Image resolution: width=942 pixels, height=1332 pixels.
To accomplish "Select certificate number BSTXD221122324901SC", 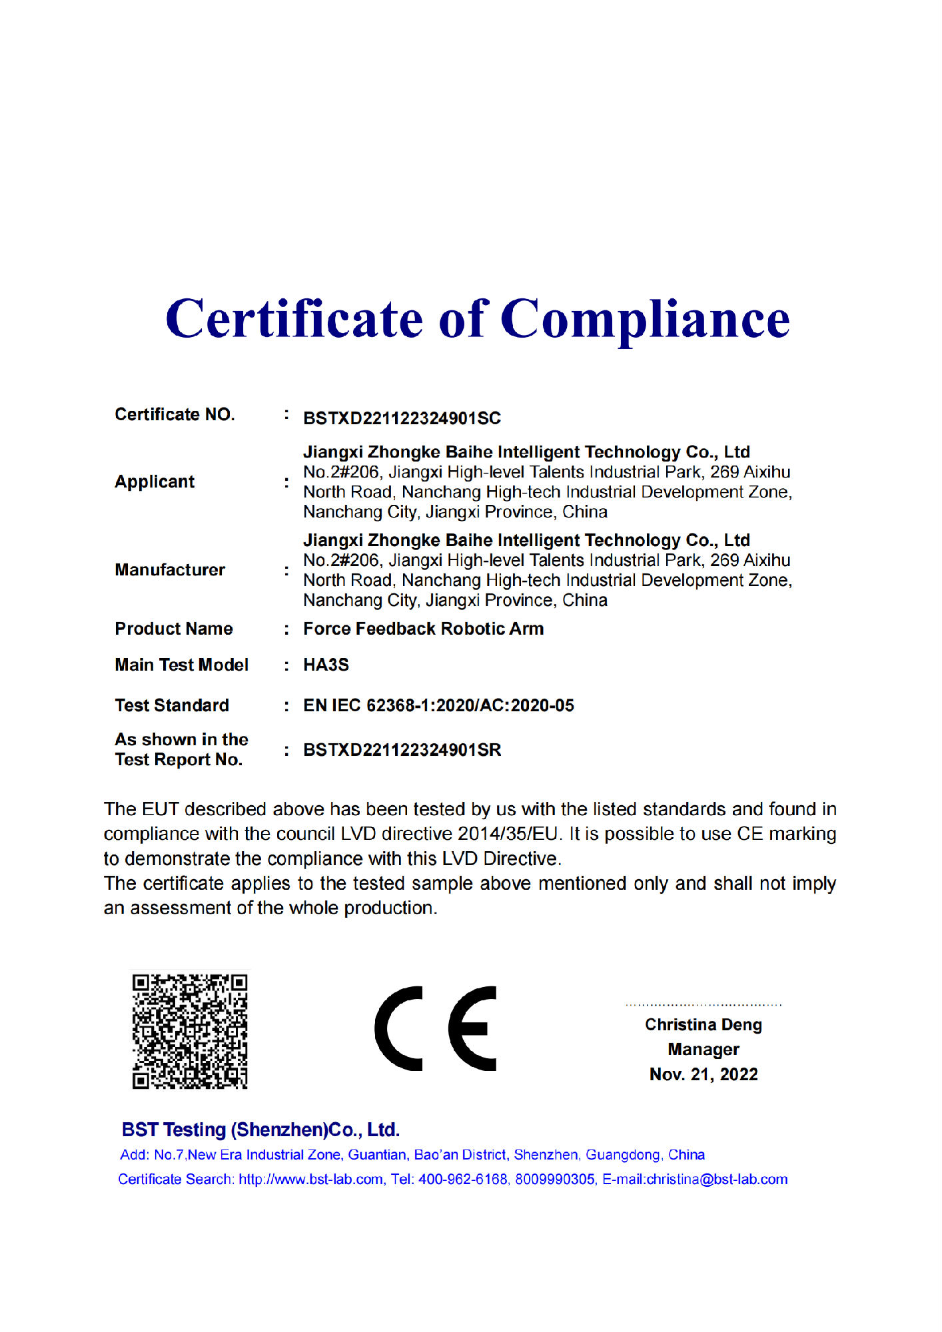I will [x=402, y=418].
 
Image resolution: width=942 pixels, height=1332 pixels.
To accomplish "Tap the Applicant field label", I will [x=155, y=482].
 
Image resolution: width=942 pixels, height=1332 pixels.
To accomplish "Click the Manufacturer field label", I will [x=170, y=570].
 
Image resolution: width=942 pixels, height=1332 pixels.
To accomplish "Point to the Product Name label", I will [x=174, y=629].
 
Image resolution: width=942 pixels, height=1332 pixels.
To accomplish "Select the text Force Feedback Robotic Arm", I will [x=423, y=629].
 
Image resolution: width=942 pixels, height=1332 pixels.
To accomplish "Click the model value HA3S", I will [x=326, y=665].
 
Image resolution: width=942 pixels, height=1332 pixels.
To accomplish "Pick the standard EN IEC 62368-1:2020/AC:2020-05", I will [x=438, y=705].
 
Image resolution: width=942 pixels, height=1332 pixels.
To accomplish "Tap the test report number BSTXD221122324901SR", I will [x=402, y=750].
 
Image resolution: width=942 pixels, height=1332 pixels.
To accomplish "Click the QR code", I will [x=190, y=1031].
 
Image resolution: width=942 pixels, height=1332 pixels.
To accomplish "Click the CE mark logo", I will [x=436, y=1028].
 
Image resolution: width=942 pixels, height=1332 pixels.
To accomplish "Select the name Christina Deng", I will [x=703, y=1024].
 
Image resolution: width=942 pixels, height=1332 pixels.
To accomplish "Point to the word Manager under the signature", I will [x=703, y=1050].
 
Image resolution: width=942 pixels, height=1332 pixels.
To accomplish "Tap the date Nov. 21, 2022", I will [x=703, y=1074].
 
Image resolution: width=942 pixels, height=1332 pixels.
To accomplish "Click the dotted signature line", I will [x=703, y=1004].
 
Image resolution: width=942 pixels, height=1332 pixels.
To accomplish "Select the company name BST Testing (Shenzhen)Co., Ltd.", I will [x=260, y=1130].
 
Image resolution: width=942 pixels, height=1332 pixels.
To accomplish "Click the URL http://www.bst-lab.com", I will [x=310, y=1179].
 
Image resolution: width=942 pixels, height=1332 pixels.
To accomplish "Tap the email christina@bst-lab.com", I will [x=717, y=1179].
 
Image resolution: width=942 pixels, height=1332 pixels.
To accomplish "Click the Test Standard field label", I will [x=172, y=705].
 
